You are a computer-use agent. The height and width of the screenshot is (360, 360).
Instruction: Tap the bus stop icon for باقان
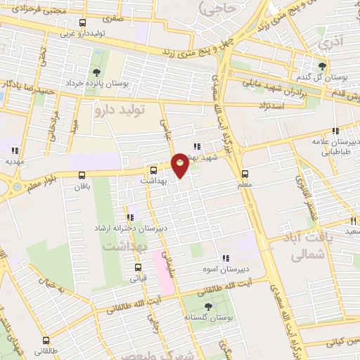(x=83, y=176)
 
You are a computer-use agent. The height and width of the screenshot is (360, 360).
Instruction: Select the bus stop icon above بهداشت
(x=154, y=170)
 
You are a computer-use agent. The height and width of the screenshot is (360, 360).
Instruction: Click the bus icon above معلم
(x=245, y=174)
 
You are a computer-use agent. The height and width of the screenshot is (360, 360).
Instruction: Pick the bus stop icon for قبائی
(x=138, y=267)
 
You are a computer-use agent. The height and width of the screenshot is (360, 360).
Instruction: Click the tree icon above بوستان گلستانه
(x=208, y=306)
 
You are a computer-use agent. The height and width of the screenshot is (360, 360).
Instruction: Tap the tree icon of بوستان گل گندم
(x=322, y=65)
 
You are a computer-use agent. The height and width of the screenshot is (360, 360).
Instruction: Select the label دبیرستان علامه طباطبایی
(x=336, y=146)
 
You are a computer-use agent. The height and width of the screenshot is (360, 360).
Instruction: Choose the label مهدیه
(x=15, y=161)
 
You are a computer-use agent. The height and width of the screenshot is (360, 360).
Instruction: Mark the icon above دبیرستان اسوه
(x=225, y=258)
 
